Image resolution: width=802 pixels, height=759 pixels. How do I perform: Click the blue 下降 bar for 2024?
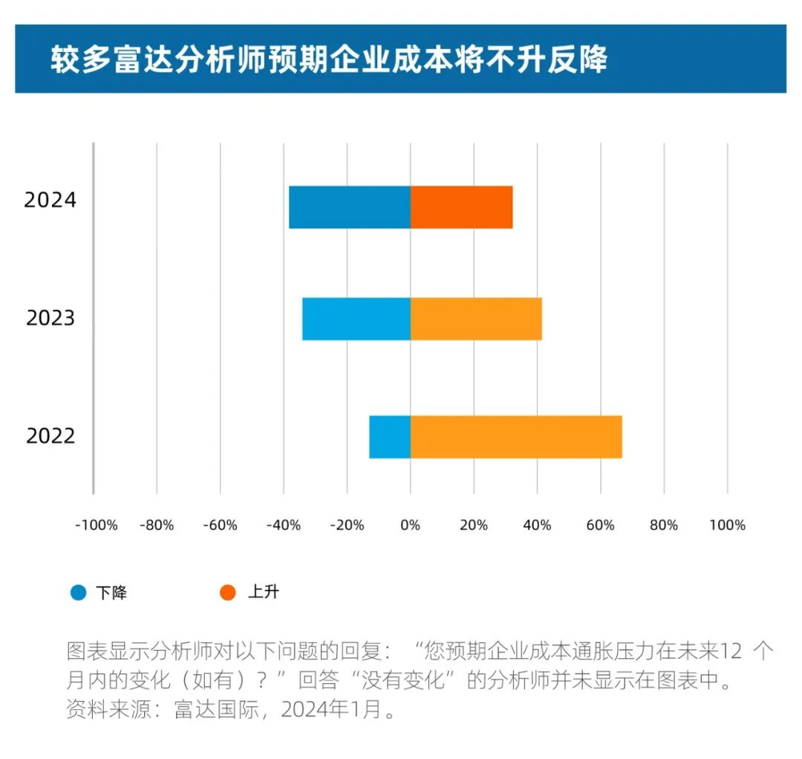(x=349, y=207)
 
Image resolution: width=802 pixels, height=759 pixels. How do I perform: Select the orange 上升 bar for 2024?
(x=461, y=207)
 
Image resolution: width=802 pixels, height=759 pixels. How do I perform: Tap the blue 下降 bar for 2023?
(x=356, y=319)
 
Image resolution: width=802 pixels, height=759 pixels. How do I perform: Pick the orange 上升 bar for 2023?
(x=476, y=319)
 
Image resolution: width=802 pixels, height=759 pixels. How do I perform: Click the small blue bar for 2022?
(x=389, y=437)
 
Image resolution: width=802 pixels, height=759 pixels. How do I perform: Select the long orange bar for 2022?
(x=516, y=437)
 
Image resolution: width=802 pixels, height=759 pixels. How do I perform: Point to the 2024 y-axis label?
(x=50, y=201)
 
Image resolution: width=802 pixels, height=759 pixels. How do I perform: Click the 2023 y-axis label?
(x=50, y=319)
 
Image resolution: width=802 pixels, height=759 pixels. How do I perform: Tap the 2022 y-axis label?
(x=50, y=436)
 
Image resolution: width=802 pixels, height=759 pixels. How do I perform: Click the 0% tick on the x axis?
(x=410, y=526)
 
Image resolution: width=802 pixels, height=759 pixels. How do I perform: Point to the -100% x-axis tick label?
(x=96, y=526)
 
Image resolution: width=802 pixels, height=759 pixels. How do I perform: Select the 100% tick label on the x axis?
(x=727, y=526)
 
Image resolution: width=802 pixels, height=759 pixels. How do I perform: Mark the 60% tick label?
(x=600, y=526)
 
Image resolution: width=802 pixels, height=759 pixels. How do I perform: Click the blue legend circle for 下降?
(x=79, y=593)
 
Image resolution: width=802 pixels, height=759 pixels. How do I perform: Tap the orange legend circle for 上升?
(x=228, y=593)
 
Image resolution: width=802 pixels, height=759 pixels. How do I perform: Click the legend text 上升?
(x=263, y=593)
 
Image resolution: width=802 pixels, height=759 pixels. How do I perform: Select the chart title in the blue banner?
(x=328, y=59)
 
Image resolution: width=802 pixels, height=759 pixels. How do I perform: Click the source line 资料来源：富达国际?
(x=230, y=710)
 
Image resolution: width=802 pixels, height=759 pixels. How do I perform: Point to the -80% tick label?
(x=157, y=526)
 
